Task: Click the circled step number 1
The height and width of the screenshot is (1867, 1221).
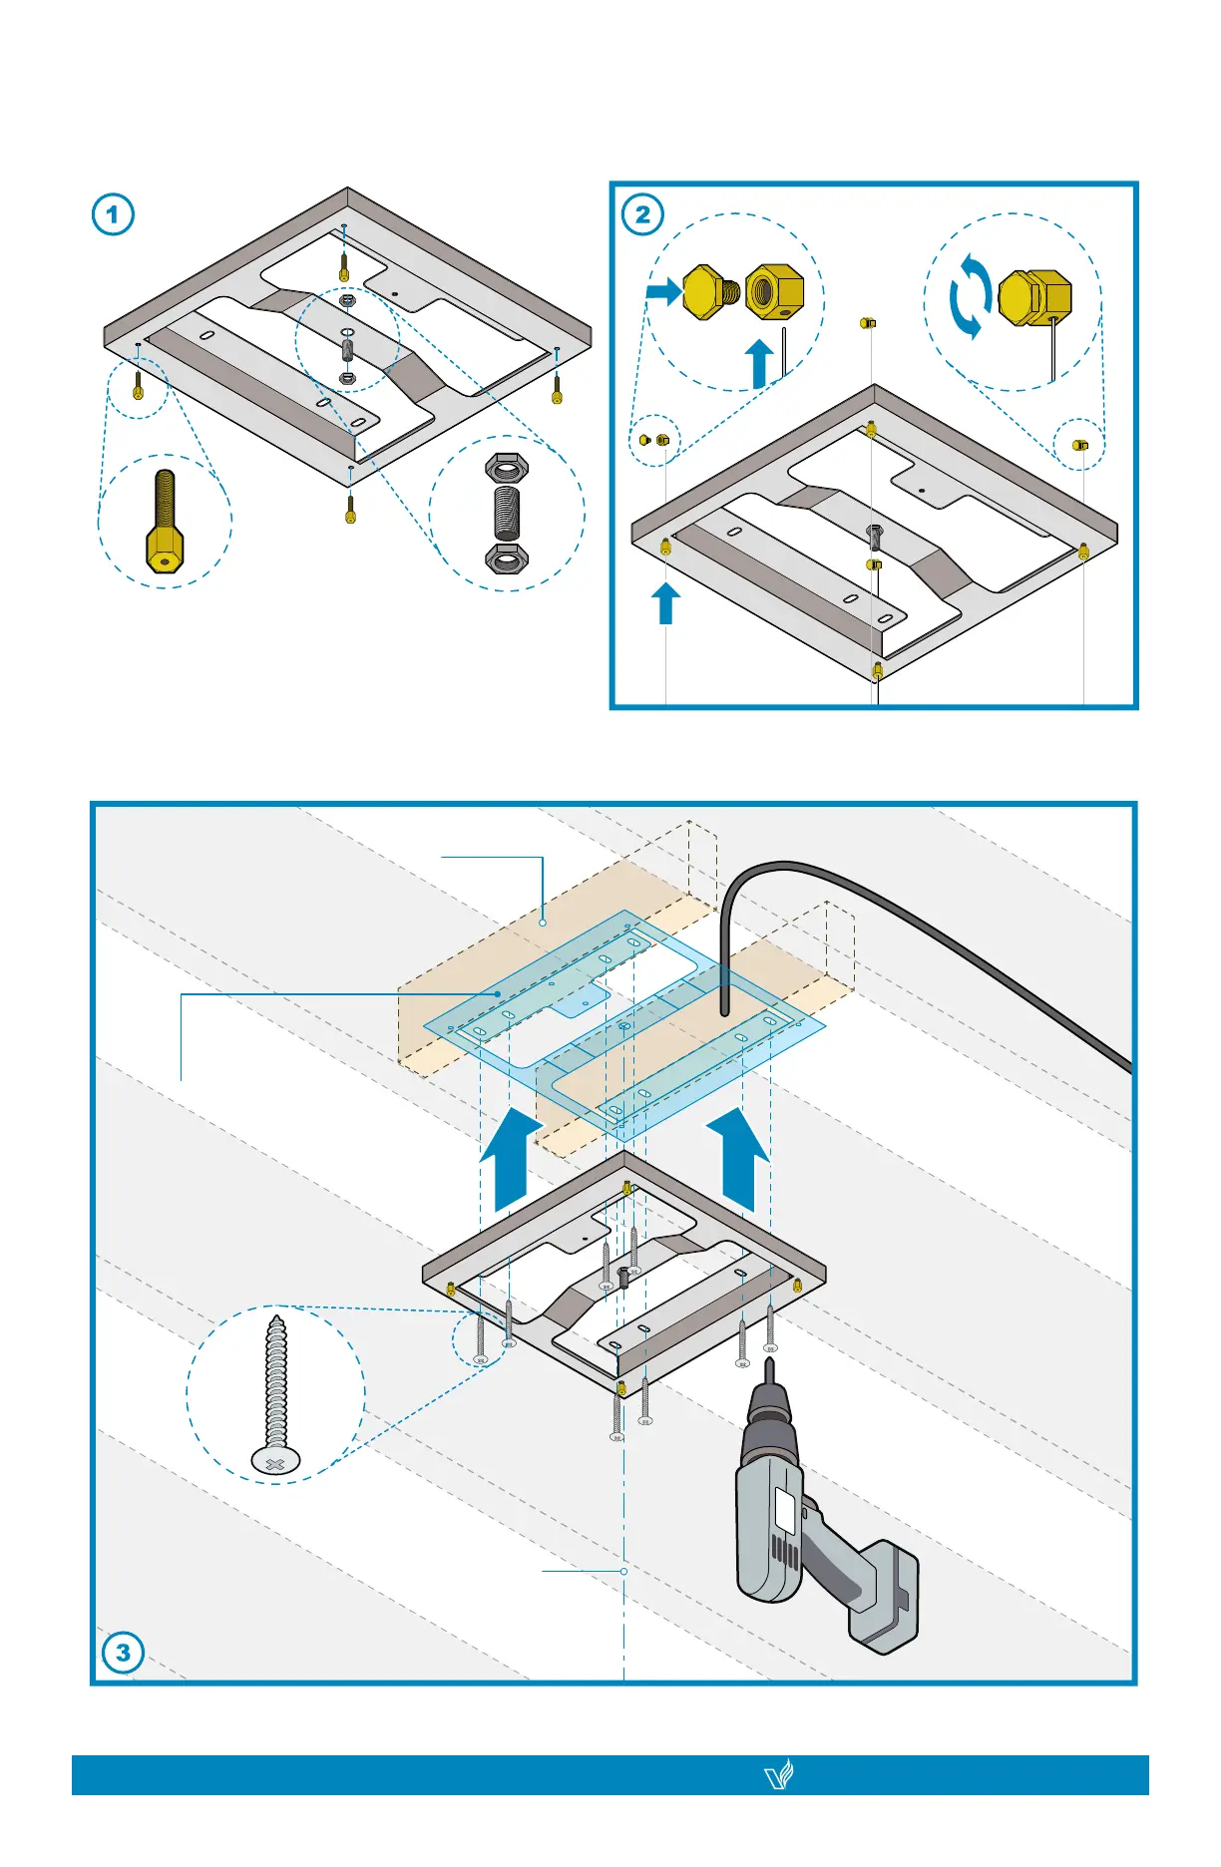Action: click(113, 214)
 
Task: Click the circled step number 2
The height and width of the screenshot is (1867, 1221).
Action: click(642, 214)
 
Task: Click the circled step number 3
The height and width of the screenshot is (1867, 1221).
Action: click(123, 1653)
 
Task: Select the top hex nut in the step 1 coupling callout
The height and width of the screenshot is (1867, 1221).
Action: click(507, 467)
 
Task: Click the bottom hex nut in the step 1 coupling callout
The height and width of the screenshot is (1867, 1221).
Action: click(507, 558)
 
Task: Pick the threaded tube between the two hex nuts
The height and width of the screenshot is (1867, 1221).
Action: click(507, 513)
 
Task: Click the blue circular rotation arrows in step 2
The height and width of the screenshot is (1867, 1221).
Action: click(970, 296)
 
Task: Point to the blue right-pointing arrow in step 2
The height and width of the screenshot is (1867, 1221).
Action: click(663, 291)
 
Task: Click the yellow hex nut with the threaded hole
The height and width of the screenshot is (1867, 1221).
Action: click(775, 291)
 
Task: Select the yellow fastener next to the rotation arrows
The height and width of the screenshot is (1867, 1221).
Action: click(1035, 297)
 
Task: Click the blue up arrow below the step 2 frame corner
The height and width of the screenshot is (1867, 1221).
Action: click(665, 603)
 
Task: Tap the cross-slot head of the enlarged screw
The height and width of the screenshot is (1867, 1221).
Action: click(276, 1463)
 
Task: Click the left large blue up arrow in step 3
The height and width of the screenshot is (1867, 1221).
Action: click(511, 1162)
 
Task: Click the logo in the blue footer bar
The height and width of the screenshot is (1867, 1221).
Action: click(778, 1775)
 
